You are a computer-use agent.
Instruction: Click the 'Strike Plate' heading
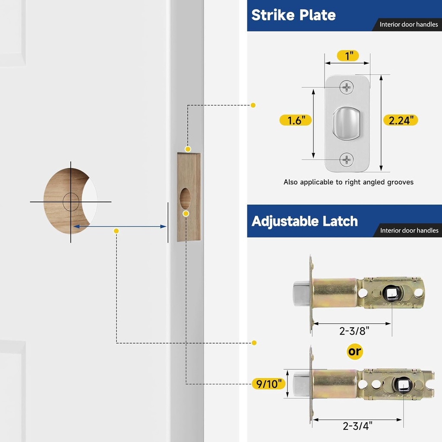coord(294,15)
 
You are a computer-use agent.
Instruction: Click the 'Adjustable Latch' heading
coord(305,221)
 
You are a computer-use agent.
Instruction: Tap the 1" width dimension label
coord(347,56)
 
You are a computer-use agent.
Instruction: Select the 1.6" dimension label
coord(296,120)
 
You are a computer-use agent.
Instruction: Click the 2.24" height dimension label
coord(401,120)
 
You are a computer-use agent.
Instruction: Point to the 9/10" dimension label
coord(268,383)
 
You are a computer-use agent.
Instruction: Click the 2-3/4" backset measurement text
coord(357,426)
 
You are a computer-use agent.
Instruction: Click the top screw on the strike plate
coord(347,88)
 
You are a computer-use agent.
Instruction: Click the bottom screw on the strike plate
coord(347,160)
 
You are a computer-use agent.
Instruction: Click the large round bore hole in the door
coord(69,201)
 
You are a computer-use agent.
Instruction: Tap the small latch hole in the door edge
coord(185,198)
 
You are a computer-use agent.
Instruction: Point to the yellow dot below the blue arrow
coord(116,231)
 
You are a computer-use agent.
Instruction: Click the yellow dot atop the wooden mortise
coord(188,149)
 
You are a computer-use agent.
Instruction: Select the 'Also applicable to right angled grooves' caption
coord(348,182)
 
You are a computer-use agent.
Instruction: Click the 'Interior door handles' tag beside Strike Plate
coord(408,25)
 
